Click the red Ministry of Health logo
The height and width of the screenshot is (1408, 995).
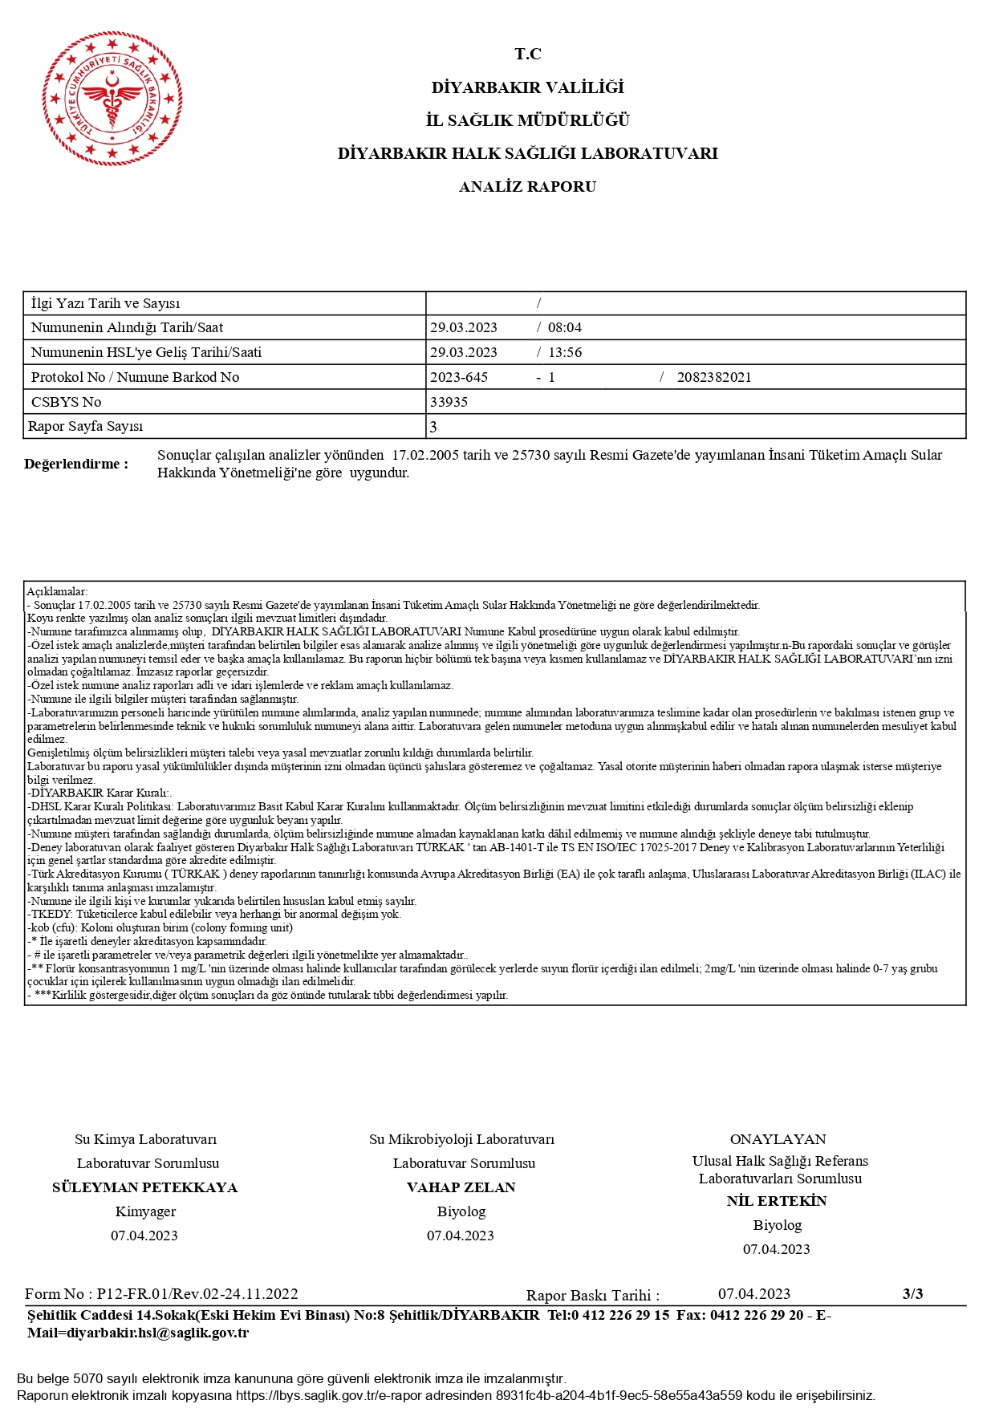point(112,99)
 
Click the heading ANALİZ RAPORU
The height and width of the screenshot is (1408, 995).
point(527,187)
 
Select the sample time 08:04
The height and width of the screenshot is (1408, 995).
point(565,327)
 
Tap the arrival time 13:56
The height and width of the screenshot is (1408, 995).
point(565,352)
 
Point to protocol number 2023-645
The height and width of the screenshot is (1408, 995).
point(459,377)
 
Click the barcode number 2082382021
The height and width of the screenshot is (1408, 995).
point(714,377)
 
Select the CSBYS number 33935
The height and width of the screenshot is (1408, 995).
point(449,402)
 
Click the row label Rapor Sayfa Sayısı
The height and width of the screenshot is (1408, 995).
point(86,426)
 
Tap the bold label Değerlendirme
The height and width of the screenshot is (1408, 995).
point(76,464)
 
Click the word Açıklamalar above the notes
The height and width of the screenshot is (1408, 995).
point(57,591)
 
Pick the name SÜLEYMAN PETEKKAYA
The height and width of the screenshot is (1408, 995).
point(145,1187)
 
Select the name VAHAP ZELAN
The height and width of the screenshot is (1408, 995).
point(461,1187)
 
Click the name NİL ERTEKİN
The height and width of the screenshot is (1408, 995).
point(777,1201)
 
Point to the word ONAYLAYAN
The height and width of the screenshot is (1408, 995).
point(778,1139)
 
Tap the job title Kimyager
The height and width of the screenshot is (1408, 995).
point(145,1211)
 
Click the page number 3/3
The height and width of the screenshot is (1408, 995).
point(912,1293)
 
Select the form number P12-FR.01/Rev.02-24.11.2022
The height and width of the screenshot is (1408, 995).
point(197,1293)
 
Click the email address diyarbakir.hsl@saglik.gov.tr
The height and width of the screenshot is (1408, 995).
point(157,1333)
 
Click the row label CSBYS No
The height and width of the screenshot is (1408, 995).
point(67,402)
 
